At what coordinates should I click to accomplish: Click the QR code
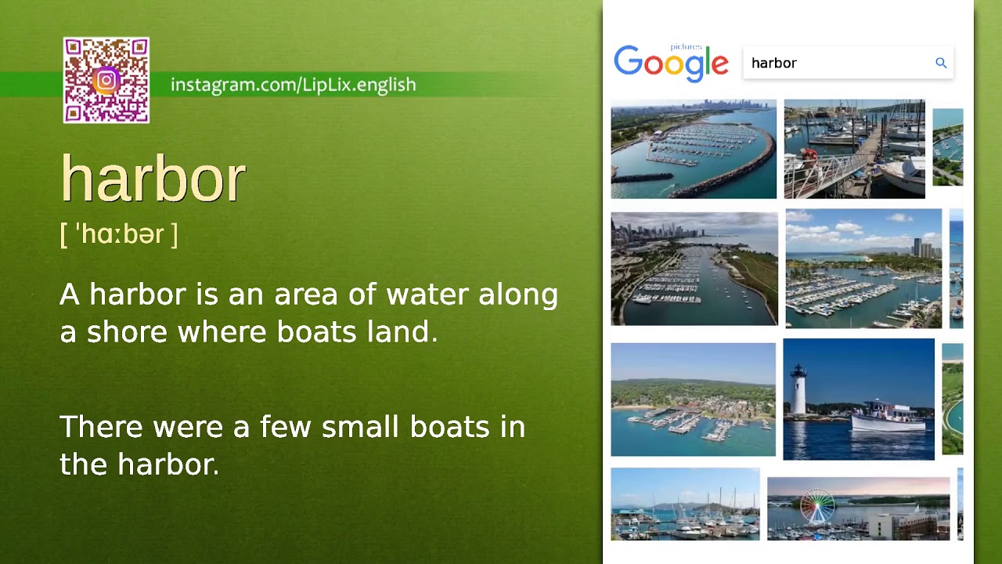coord(106,80)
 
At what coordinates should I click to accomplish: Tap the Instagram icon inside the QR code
coord(106,80)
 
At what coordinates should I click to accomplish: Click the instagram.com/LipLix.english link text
coord(293,85)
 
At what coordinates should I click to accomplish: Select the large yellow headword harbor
coord(153,179)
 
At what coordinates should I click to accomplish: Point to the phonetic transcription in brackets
coord(119,233)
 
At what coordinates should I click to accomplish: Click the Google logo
coord(671,63)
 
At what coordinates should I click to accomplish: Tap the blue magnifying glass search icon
coord(941,63)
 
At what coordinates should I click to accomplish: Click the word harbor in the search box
coord(773,63)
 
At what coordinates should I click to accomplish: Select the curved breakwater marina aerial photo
coord(694,149)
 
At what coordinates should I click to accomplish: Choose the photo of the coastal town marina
coord(693,399)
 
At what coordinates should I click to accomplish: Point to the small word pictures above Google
coord(686,47)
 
